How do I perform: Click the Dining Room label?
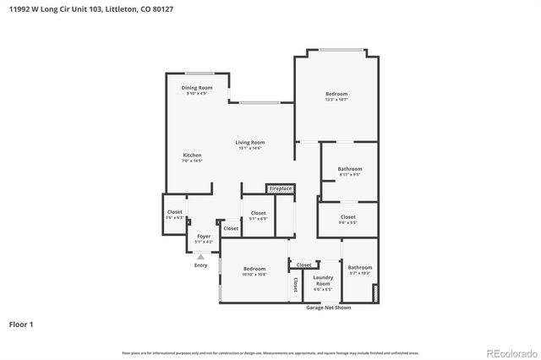[197, 88]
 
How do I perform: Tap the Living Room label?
[250, 142]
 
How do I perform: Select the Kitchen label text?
[193, 155]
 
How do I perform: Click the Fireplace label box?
[281, 188]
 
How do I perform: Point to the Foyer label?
[204, 237]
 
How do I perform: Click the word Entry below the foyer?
[200, 265]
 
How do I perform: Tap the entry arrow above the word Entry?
[200, 255]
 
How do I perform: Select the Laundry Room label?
[323, 280]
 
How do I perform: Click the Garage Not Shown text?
[329, 308]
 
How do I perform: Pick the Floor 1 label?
[21, 324]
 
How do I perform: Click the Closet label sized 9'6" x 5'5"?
[347, 220]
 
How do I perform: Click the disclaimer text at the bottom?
[270, 352]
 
